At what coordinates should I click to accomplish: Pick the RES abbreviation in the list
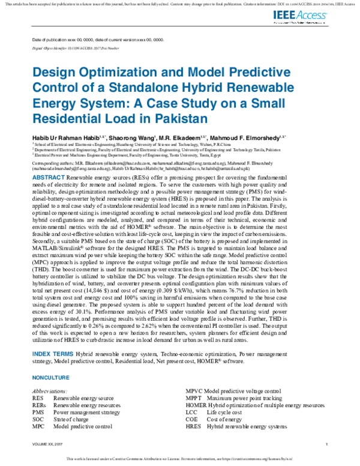(38, 398)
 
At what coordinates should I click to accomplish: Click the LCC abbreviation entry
(191, 413)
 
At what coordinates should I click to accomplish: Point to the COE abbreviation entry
(191, 419)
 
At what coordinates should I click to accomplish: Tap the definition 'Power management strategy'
(86, 413)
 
